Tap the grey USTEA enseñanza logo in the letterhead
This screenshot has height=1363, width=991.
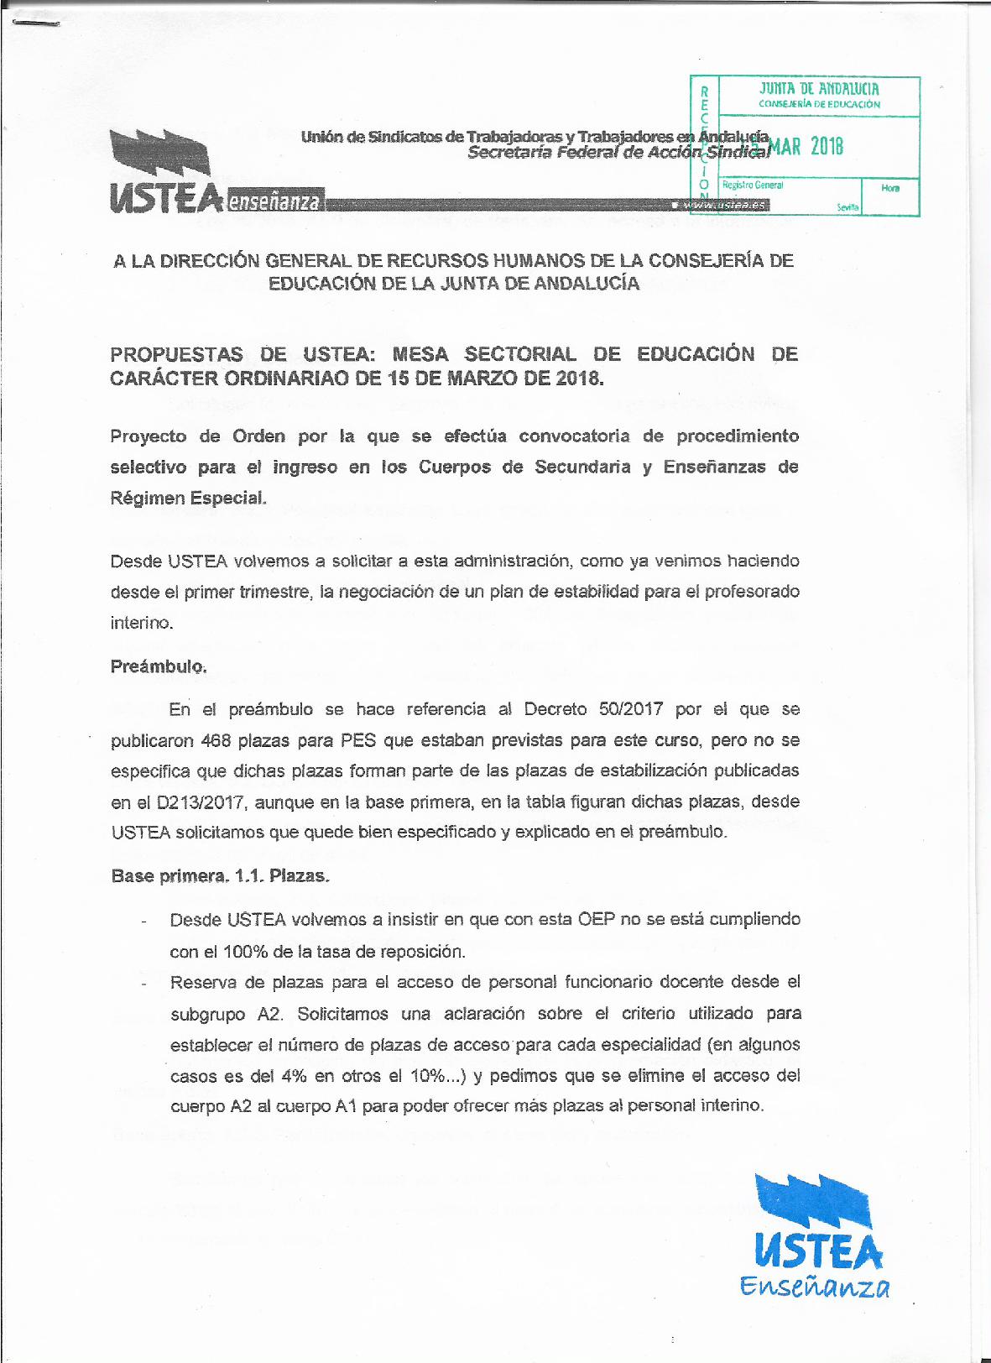point(215,172)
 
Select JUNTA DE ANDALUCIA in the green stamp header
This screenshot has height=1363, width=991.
point(819,88)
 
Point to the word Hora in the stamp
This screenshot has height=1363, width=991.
point(890,188)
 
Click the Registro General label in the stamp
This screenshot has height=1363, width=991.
point(752,185)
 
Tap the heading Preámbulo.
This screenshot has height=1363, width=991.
point(158,666)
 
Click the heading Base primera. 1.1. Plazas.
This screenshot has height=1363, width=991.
point(220,875)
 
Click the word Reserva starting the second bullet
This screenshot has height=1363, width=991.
point(201,981)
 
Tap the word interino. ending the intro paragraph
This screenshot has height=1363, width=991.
point(141,623)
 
